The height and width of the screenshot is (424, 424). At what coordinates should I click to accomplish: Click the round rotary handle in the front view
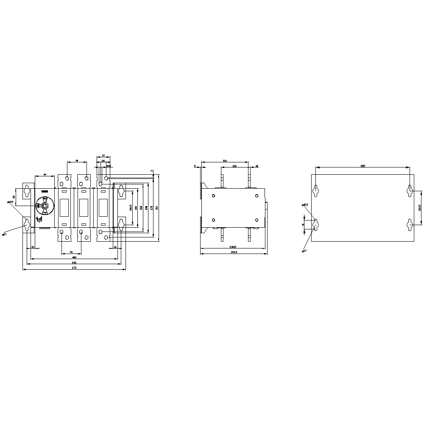click(x=44, y=206)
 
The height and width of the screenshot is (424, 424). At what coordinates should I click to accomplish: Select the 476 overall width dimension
click(x=74, y=268)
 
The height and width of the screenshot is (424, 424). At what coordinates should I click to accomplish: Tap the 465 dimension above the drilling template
click(x=363, y=166)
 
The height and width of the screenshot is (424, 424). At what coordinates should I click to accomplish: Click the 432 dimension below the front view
click(x=74, y=257)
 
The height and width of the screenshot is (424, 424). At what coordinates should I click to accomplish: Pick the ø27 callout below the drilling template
click(x=304, y=251)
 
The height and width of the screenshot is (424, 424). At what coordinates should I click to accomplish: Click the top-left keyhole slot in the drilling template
click(x=316, y=191)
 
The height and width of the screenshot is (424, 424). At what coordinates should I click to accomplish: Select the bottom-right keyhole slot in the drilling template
click(x=410, y=224)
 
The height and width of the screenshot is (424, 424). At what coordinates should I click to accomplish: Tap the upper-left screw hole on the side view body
click(x=213, y=195)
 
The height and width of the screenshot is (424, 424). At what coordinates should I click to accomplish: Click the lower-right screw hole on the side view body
click(x=257, y=220)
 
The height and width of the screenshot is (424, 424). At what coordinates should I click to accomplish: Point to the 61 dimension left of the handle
click(x=14, y=197)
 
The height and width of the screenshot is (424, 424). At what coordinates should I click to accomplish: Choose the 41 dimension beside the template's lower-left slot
click(x=303, y=224)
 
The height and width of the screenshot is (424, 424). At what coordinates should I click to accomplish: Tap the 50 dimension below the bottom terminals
click(x=71, y=252)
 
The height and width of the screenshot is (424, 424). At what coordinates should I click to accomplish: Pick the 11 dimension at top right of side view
click(x=257, y=166)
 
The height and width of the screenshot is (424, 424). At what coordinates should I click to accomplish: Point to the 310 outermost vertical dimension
click(x=157, y=208)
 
